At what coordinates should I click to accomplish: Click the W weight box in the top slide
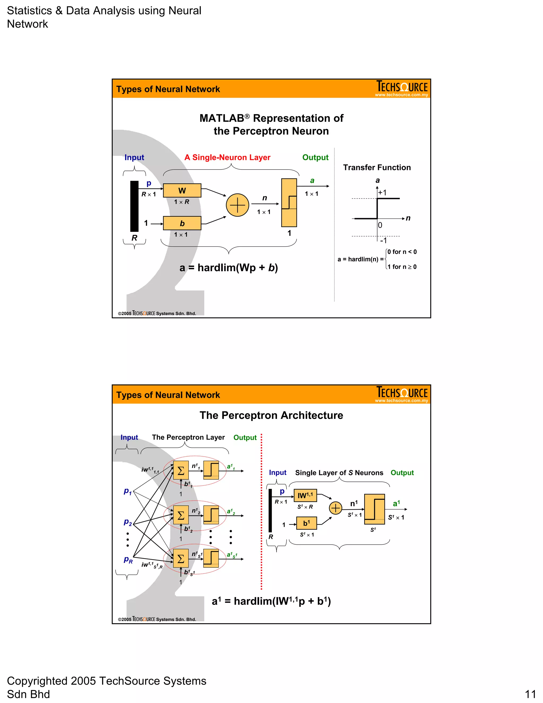pos(182,190)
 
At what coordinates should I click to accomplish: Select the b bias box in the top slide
pos(182,223)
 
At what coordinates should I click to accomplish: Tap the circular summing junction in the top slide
pos(237,205)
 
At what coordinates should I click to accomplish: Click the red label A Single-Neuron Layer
pos(227,157)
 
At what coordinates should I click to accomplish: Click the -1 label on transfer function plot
pos(383,240)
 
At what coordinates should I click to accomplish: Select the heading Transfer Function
pos(377,167)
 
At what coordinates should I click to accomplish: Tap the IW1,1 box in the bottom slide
pos(305,495)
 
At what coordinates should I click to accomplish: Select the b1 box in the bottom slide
pos(306,523)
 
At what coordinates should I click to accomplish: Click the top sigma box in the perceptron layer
pos(181,471)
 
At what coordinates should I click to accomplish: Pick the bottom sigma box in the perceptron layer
pos(181,558)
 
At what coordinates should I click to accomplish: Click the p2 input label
pos(128,522)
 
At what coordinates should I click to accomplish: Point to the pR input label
pos(128,560)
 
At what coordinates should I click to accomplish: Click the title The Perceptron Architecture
pos(271,415)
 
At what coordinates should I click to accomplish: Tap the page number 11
pos(530,694)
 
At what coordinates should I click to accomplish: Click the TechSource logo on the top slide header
pos(402,88)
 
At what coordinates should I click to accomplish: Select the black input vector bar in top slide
pos(134,206)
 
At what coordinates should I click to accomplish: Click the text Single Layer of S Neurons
pos(339,472)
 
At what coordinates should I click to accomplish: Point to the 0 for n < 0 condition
pos(402,252)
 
